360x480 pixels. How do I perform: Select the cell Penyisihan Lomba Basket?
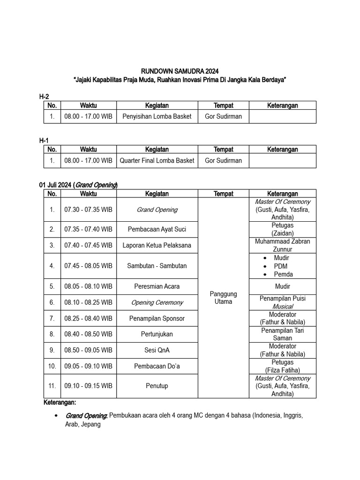(x=157, y=116)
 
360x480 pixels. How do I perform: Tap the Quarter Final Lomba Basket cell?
(x=157, y=160)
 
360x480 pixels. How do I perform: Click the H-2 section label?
(x=44, y=97)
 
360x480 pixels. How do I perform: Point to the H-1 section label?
(x=44, y=141)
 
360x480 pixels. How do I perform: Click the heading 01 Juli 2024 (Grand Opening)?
(x=78, y=185)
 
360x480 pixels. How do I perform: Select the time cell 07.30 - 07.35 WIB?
(x=88, y=210)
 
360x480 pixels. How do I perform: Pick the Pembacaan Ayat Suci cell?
(x=157, y=229)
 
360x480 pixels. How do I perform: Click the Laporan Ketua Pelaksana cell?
(x=157, y=245)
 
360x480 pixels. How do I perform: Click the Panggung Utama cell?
(x=223, y=298)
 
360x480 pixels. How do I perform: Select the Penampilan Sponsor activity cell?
(x=157, y=318)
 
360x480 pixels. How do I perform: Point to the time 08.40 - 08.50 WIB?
(x=88, y=334)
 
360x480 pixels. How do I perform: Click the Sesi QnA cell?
(x=157, y=350)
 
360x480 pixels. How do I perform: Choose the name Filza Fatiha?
(x=283, y=370)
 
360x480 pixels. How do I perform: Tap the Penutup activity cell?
(x=157, y=386)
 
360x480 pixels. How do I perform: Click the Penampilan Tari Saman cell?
(x=283, y=334)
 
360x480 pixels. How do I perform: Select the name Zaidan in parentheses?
(x=283, y=233)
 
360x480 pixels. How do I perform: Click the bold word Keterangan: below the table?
(x=60, y=403)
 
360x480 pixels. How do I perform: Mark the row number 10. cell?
(x=52, y=366)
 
